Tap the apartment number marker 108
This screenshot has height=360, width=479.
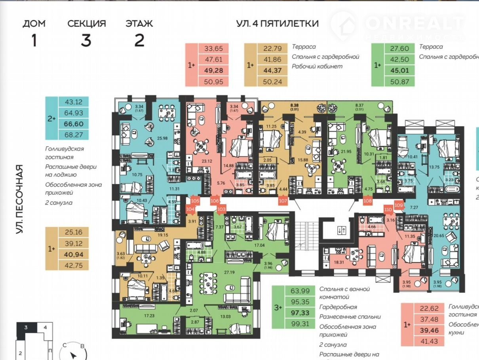point(367,201)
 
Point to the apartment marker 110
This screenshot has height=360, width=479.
point(388,210)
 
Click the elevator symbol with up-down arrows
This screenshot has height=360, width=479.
point(342,229)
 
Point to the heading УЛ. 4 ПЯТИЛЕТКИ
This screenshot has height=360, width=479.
point(277,23)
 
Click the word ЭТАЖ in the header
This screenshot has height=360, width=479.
point(139,23)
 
